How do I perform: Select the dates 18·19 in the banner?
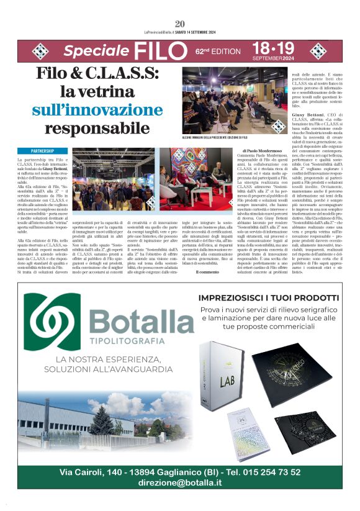pos(273,48)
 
